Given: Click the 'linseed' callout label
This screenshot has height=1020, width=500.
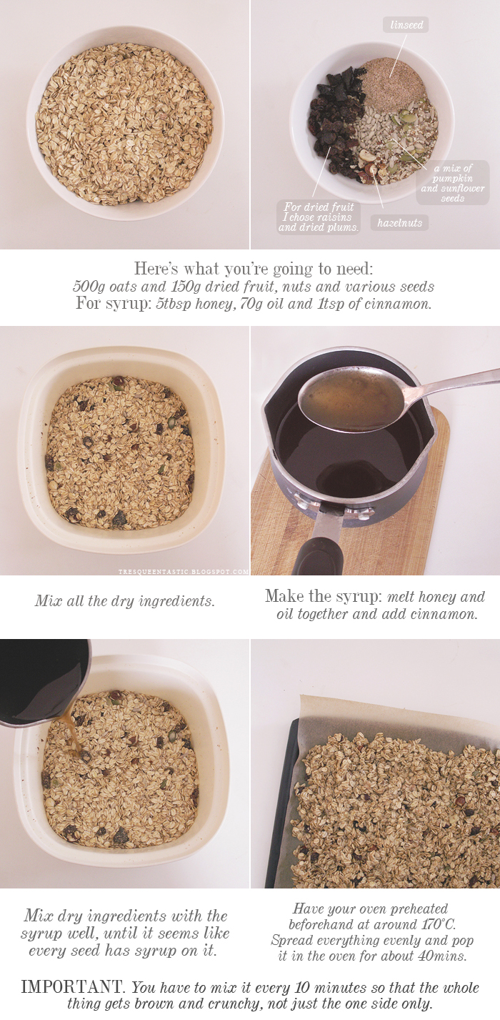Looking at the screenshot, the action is click(x=406, y=24).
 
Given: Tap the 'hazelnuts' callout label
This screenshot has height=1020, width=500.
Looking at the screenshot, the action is click(x=399, y=223).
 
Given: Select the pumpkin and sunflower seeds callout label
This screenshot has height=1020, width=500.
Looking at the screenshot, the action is click(x=453, y=182).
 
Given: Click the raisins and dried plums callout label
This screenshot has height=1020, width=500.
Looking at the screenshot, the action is click(x=319, y=217).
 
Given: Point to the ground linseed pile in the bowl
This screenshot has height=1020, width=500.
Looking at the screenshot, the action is click(x=394, y=85).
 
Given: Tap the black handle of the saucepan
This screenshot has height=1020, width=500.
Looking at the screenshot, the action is click(x=319, y=555).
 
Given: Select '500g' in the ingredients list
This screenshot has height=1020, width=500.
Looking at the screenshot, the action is click(x=89, y=287).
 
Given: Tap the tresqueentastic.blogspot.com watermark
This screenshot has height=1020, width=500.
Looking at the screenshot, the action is click(x=184, y=572).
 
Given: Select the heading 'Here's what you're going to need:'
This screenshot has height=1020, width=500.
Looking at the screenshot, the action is click(x=254, y=269).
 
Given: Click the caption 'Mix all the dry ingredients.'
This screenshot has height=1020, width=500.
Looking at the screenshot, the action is click(x=125, y=601).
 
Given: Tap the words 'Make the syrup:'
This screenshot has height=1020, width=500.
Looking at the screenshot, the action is click(x=324, y=596).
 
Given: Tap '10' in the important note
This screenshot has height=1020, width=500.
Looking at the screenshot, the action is click(x=302, y=988).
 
